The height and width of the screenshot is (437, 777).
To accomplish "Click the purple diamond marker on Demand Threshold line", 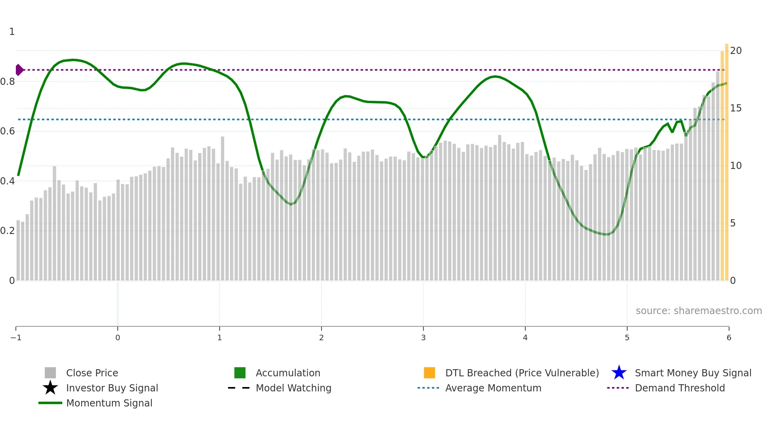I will click(19, 70).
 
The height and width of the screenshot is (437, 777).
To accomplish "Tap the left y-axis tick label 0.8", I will click(8, 82).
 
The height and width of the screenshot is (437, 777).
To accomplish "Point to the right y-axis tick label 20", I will click(736, 51).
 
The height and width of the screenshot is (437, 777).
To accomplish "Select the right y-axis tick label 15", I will click(736, 108).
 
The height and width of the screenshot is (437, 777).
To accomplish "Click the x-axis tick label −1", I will click(16, 337).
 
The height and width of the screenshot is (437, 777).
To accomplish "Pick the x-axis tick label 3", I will click(423, 337).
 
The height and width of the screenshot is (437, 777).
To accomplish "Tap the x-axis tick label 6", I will click(729, 337).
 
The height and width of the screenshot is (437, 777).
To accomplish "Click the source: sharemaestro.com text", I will click(699, 311).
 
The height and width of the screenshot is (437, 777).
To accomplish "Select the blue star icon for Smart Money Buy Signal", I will click(619, 373).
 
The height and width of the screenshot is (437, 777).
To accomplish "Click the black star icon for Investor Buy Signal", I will click(50, 388).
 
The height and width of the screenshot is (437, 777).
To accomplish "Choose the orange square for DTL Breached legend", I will click(429, 373).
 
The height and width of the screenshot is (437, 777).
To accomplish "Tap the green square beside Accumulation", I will click(240, 373).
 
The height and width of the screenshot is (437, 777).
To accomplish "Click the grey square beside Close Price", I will click(50, 373).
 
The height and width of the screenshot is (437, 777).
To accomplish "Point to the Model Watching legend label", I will click(293, 388).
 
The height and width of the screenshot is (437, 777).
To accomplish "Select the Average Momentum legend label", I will click(493, 388).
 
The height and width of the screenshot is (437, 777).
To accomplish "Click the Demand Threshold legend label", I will click(680, 388).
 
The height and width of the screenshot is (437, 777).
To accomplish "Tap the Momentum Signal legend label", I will click(109, 403).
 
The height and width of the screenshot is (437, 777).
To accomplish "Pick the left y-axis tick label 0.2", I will click(8, 231).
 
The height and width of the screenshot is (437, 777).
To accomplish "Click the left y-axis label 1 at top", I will click(12, 32).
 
